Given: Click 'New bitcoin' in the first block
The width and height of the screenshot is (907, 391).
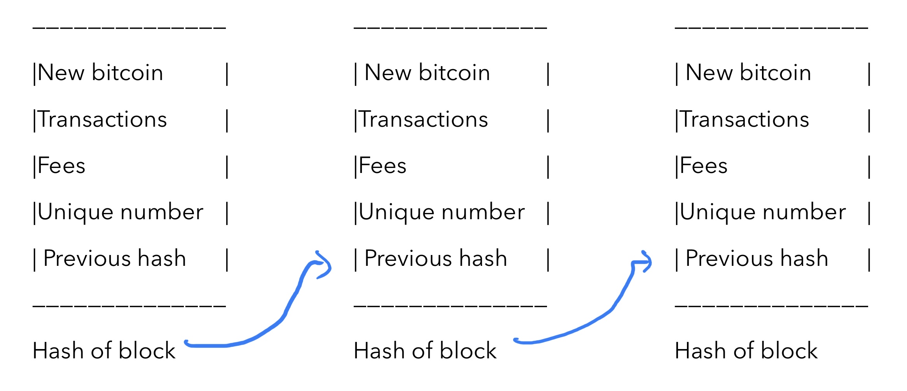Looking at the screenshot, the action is point(100,73).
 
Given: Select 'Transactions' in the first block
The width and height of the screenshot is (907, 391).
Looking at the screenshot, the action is point(103,119).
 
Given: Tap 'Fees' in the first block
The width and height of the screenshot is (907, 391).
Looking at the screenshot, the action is point(61,166).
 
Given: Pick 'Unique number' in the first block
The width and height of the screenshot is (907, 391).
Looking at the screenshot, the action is point(121,212).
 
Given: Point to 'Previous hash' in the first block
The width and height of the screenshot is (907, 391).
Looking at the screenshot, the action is point(115,258).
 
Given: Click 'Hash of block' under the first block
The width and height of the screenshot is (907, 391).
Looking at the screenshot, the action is point(104,351).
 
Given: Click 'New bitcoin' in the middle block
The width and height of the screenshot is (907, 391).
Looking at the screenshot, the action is point(427,73).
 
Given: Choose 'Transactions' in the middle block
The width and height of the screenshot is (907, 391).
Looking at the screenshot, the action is point(423,119).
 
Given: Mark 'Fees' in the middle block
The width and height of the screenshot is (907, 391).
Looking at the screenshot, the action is point(383,166).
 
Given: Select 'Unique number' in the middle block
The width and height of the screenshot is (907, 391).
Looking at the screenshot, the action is point(442,212).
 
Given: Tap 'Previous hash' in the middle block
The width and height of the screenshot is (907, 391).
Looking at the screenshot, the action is point(436,258).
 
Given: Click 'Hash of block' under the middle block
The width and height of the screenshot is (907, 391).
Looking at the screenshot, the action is point(425,351).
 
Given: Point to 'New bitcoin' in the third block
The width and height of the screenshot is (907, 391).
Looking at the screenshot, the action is point(748,73).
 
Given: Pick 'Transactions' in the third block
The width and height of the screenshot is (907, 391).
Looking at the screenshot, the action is point(744,119).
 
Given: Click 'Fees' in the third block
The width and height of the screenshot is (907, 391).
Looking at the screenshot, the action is point(704,166).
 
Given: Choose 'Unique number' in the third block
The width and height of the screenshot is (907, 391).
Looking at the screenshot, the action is point(763,212).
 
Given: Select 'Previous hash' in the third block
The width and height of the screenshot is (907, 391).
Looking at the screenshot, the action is point(757,258).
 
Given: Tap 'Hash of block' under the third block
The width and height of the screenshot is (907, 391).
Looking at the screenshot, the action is point(746,351).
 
